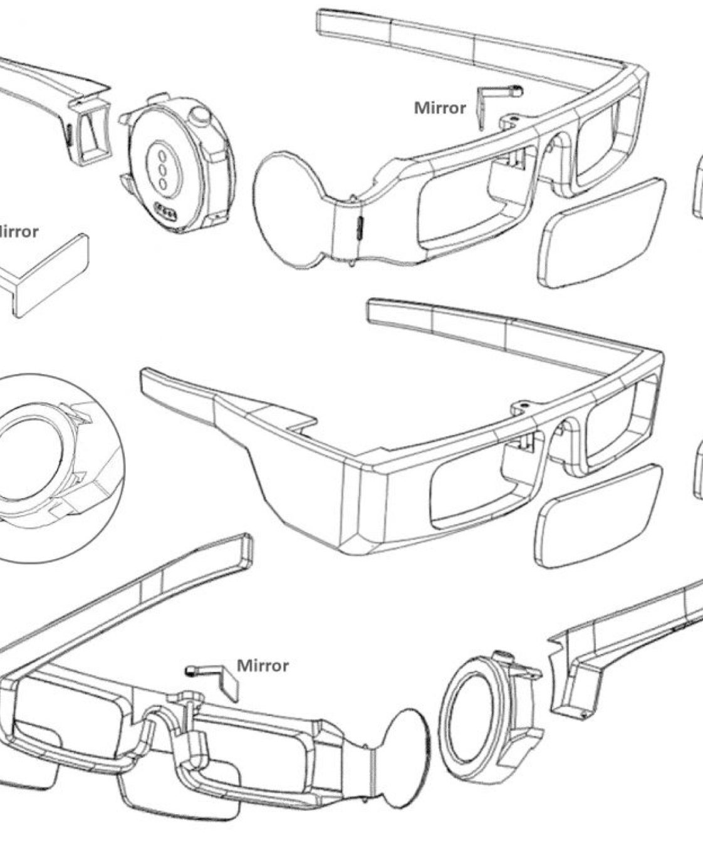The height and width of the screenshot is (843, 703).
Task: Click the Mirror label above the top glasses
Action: click(440, 108)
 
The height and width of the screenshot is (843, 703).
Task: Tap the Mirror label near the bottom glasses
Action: click(263, 665)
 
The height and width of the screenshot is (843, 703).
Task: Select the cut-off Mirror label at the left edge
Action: click(18, 231)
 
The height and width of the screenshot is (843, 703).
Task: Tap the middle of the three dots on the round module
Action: click(162, 169)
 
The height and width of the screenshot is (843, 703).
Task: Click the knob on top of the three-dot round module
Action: click(201, 117)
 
